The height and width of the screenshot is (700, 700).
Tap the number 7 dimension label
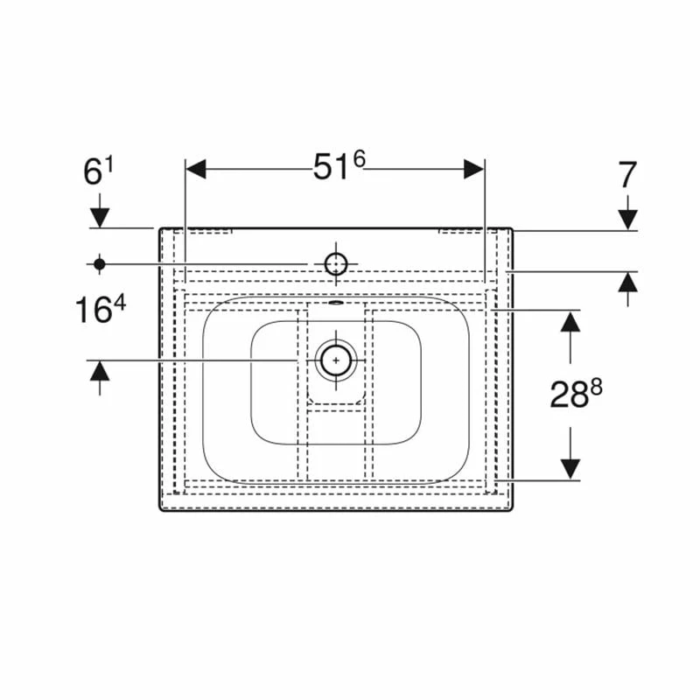click(x=627, y=175)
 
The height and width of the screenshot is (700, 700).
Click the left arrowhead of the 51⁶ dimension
click(x=195, y=169)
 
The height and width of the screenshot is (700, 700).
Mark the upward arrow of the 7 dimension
click(x=627, y=283)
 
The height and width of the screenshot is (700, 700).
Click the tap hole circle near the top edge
click(x=335, y=262)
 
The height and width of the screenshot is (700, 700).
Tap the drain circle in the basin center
click(x=335, y=360)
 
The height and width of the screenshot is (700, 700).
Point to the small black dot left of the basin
click(x=99, y=262)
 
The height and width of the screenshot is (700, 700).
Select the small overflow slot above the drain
click(x=335, y=306)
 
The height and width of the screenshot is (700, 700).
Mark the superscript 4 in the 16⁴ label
click(x=121, y=304)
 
